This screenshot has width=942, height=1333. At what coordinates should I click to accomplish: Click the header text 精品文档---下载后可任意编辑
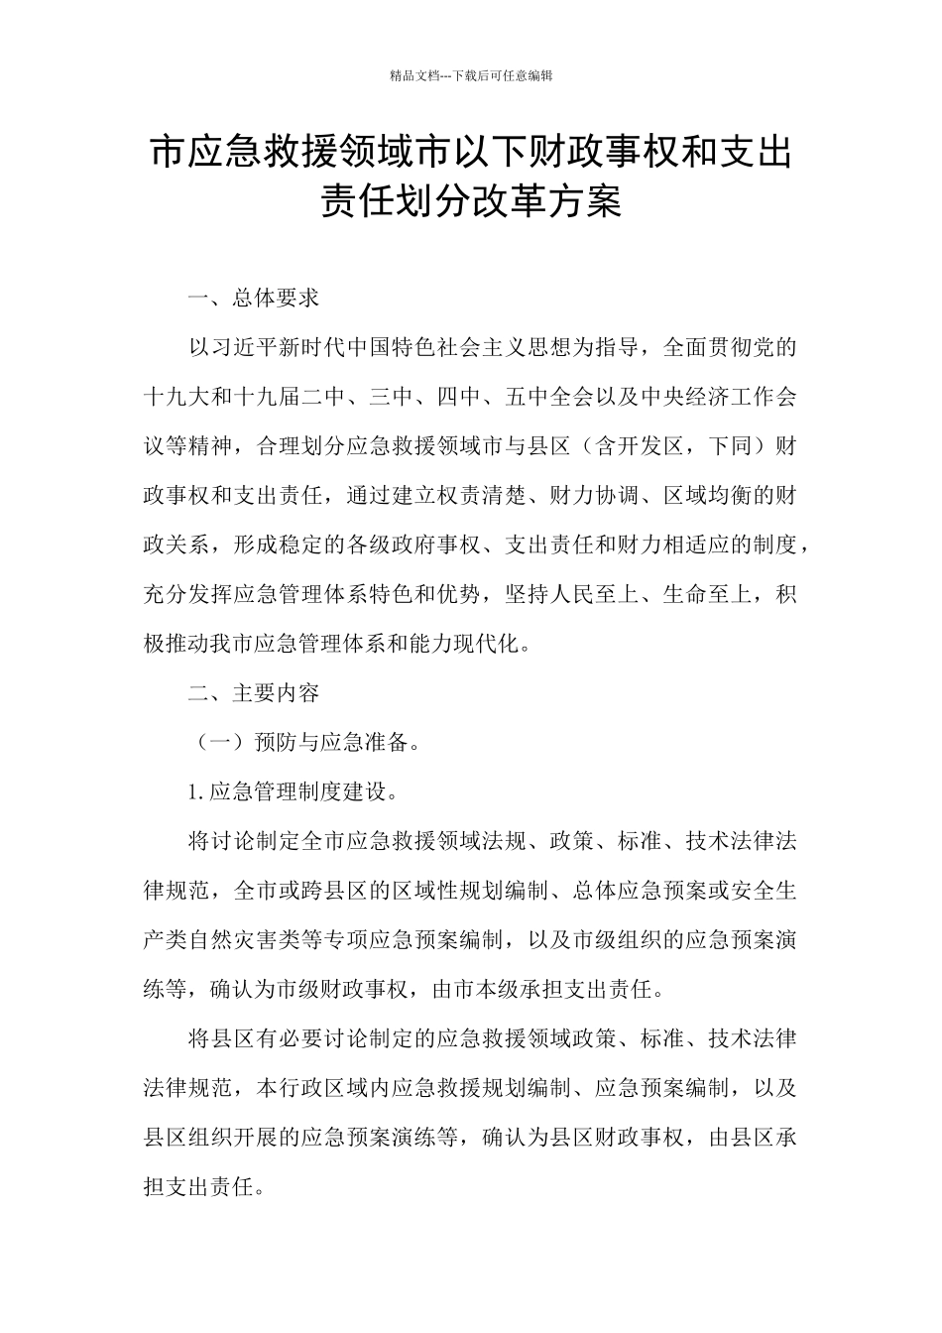(471, 74)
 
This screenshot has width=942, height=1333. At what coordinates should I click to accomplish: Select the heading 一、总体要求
(254, 298)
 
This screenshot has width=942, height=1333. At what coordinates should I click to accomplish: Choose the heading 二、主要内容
(254, 692)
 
